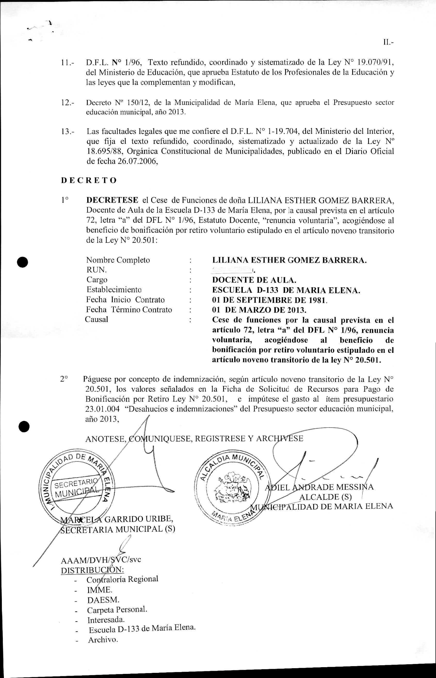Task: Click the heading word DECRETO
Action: [88, 181]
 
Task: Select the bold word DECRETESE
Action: [112, 200]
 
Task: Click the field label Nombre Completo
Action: [118, 260]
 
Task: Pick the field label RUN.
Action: [96, 270]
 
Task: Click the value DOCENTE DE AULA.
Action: [254, 280]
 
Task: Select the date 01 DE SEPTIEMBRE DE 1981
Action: [270, 300]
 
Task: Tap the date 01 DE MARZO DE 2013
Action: [259, 310]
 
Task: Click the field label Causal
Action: [96, 320]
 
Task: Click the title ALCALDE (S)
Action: [325, 497]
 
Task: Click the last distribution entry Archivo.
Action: [102, 640]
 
